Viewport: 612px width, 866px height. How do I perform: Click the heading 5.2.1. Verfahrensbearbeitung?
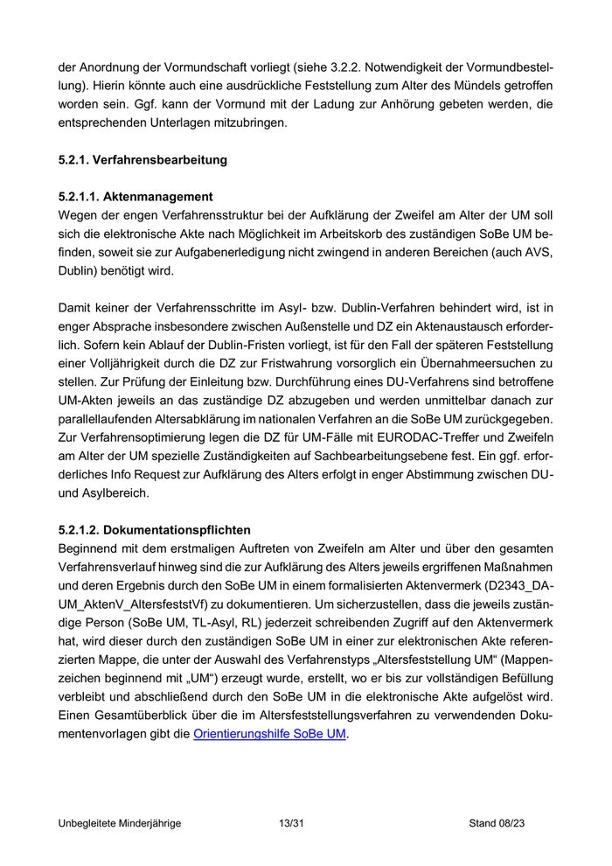coord(143,160)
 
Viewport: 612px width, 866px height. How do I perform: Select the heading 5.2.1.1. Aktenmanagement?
coord(136,197)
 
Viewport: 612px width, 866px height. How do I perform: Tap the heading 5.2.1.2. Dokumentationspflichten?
coord(154,530)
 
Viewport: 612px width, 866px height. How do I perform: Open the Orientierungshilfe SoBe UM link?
coord(269,734)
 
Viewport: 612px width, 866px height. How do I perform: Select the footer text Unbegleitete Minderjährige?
coord(120,823)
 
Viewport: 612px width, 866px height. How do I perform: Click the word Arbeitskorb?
coord(358,234)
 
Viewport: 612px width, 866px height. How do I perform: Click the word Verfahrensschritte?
coord(213,308)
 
